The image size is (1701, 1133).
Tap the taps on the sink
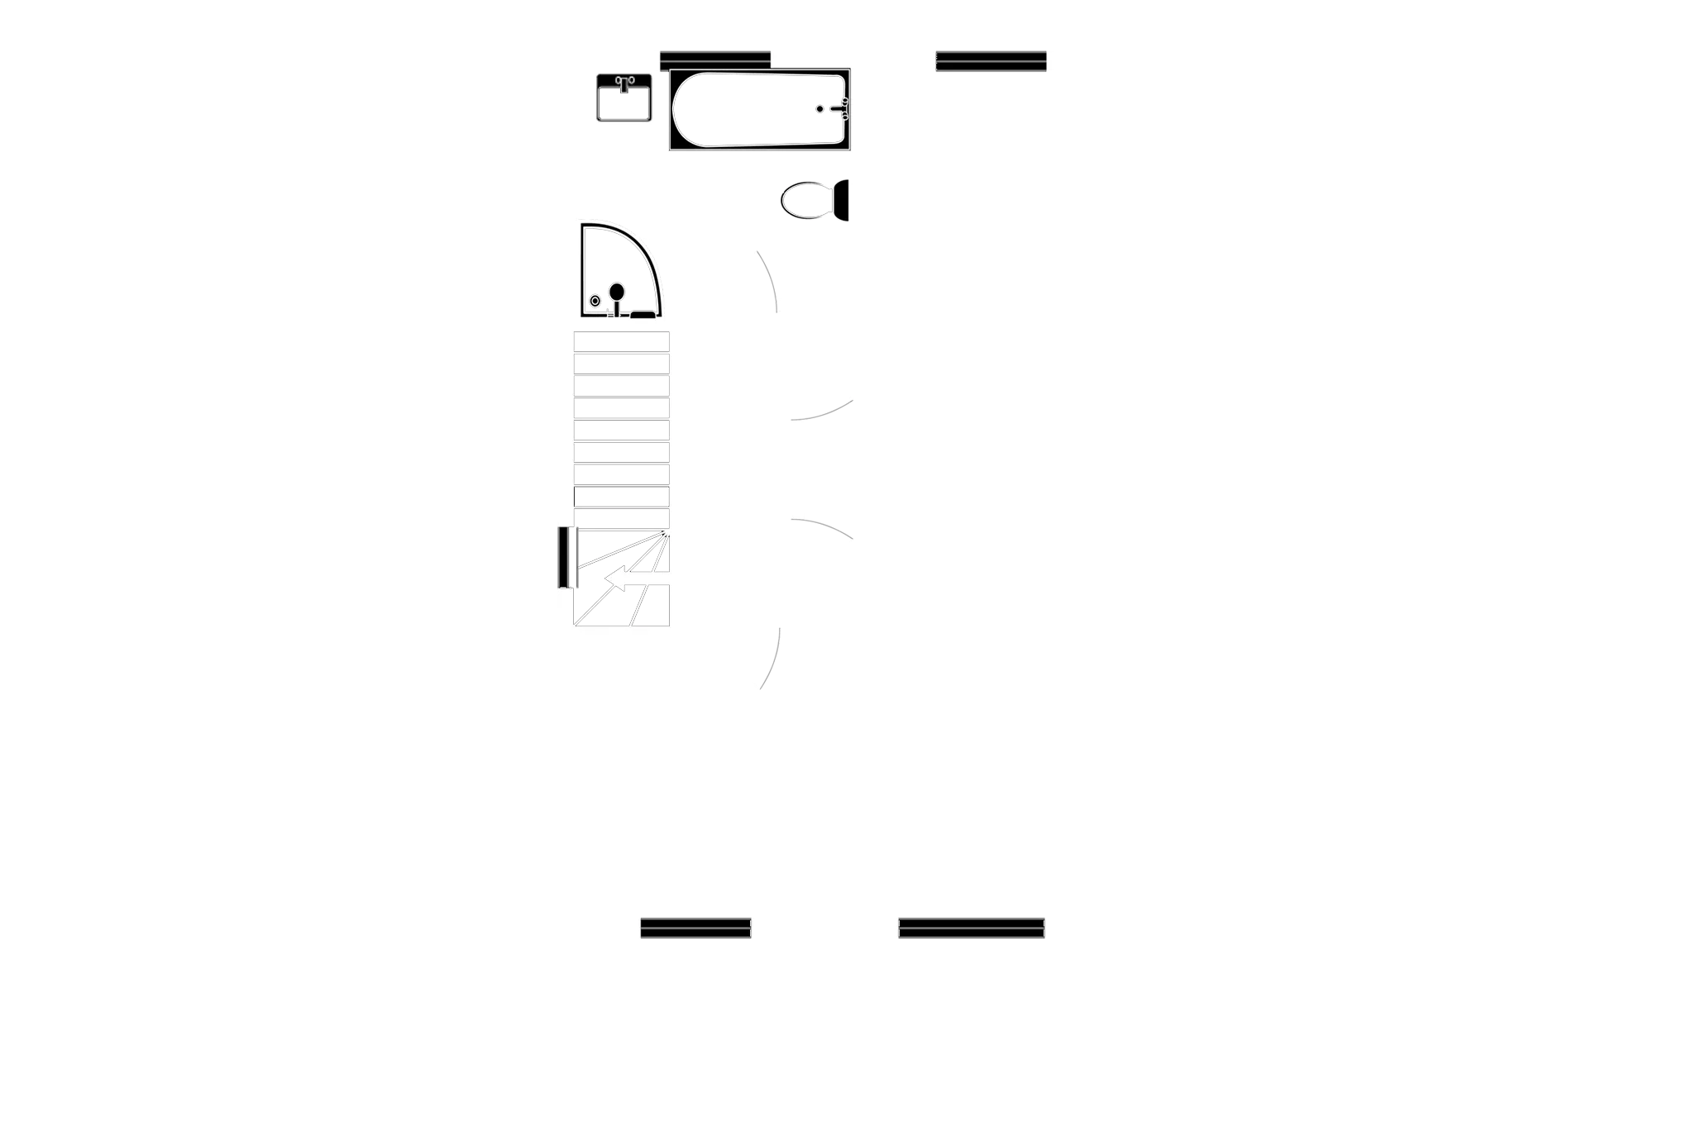coord(624,81)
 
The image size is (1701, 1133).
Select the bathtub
coord(759,110)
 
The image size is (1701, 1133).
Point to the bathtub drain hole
coord(819,108)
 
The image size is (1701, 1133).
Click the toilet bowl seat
coord(805,201)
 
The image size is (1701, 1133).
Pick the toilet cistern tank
coord(842,201)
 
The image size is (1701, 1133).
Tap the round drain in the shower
coord(595,301)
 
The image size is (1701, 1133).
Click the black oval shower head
coord(616,291)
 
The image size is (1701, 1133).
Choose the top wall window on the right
coord(991,60)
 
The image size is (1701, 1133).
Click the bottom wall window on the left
coord(695,926)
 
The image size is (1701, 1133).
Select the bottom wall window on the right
coord(972,926)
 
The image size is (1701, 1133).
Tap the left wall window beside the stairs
coord(566,557)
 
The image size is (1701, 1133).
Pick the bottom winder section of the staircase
coord(621,606)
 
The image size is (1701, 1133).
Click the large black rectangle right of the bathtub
coord(991,112)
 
